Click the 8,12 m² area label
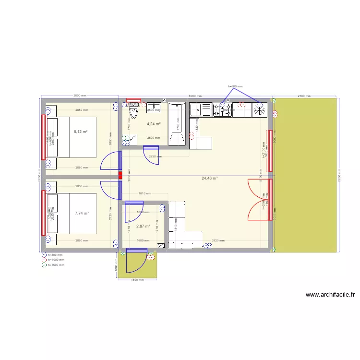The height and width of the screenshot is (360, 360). [x=81, y=131]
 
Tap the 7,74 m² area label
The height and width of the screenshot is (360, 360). [x=82, y=213]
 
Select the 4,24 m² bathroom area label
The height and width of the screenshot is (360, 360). [x=154, y=124]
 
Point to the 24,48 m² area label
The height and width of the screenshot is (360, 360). [x=210, y=178]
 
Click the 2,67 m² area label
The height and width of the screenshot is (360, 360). [x=143, y=226]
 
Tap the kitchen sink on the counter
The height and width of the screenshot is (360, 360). [x=201, y=110]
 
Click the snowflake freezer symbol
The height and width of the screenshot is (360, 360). [x=260, y=110]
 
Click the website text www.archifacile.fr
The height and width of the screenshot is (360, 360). [x=330, y=295]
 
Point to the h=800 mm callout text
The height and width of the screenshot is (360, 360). [x=235, y=86]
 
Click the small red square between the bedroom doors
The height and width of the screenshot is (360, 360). [x=120, y=176]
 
